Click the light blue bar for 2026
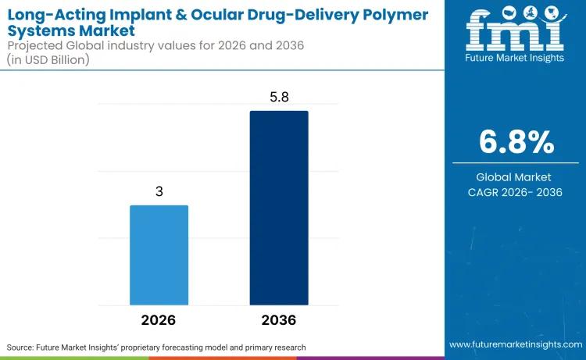[x=159, y=255]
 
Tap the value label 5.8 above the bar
[x=279, y=97]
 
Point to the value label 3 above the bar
[x=159, y=191]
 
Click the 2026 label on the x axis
[x=159, y=320]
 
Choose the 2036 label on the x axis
[x=279, y=320]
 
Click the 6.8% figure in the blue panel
[x=516, y=142]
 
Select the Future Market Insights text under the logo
[x=516, y=59]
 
